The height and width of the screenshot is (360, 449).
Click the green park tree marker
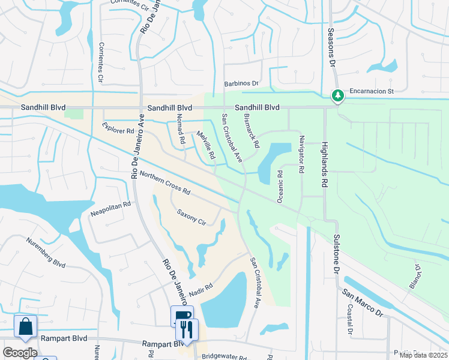pyautogui.click(x=338, y=95)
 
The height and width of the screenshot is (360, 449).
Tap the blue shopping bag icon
pyautogui.click(x=26, y=327)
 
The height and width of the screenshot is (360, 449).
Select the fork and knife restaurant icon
pyautogui.click(x=187, y=329)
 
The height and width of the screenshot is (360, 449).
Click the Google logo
pyautogui.click(x=20, y=352)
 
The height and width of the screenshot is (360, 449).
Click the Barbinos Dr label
pyautogui.click(x=241, y=84)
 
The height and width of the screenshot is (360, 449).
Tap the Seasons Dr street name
pyautogui.click(x=330, y=47)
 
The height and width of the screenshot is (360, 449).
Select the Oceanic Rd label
pyautogui.click(x=280, y=185)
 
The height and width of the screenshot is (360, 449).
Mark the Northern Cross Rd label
pyautogui.click(x=164, y=184)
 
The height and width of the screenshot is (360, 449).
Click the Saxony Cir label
pyautogui.click(x=191, y=217)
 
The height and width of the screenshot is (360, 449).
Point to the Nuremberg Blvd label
pyautogui.click(x=45, y=253)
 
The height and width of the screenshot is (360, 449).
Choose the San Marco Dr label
pyautogui.click(x=362, y=302)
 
